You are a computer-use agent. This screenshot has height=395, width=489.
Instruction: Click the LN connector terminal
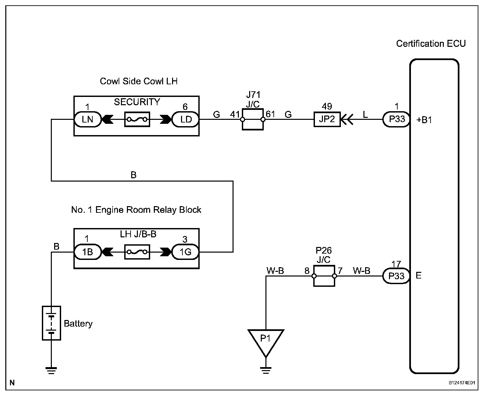88,119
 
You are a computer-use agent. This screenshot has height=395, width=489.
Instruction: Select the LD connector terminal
185,119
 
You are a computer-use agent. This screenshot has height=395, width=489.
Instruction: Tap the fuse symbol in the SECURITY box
137,119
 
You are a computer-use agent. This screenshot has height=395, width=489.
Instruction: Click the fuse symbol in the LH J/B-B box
137,252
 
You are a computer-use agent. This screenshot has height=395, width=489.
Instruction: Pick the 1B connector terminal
88,252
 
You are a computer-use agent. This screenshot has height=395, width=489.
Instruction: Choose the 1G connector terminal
185,252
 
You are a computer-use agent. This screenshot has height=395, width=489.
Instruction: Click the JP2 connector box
327,119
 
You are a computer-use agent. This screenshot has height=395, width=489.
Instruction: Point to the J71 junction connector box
252,119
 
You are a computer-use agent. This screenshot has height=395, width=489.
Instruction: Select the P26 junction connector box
324,276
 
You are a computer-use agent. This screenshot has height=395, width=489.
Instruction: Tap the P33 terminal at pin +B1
396,119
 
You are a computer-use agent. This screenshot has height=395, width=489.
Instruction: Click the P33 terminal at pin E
396,276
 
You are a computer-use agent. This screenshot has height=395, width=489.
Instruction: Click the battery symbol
51,323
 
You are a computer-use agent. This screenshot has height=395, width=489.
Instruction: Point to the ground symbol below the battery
51,370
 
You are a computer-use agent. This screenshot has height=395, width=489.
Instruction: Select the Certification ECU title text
431,43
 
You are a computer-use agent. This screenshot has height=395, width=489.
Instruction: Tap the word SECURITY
137,102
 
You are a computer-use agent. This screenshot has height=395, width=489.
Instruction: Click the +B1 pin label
424,120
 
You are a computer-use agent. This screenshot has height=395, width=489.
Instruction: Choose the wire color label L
365,115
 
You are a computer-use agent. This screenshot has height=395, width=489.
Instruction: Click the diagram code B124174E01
462,383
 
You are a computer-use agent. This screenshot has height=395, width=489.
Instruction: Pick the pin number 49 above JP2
327,106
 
